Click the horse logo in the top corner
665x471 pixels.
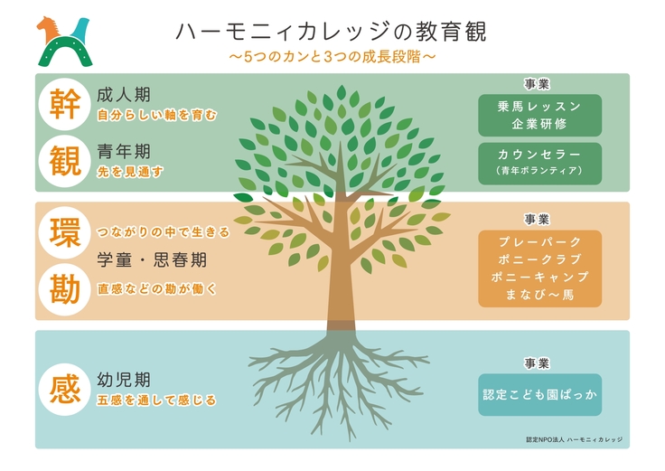click(64, 41)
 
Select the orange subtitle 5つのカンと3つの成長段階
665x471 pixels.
click(332, 58)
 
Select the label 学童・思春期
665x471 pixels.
click(152, 260)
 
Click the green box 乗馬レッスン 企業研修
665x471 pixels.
click(539, 114)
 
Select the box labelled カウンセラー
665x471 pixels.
click(539, 160)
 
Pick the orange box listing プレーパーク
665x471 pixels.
click(539, 268)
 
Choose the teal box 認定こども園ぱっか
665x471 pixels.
click(539, 396)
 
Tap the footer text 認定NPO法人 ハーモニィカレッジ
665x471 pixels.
click(574, 439)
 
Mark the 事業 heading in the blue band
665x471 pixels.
click(537, 363)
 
